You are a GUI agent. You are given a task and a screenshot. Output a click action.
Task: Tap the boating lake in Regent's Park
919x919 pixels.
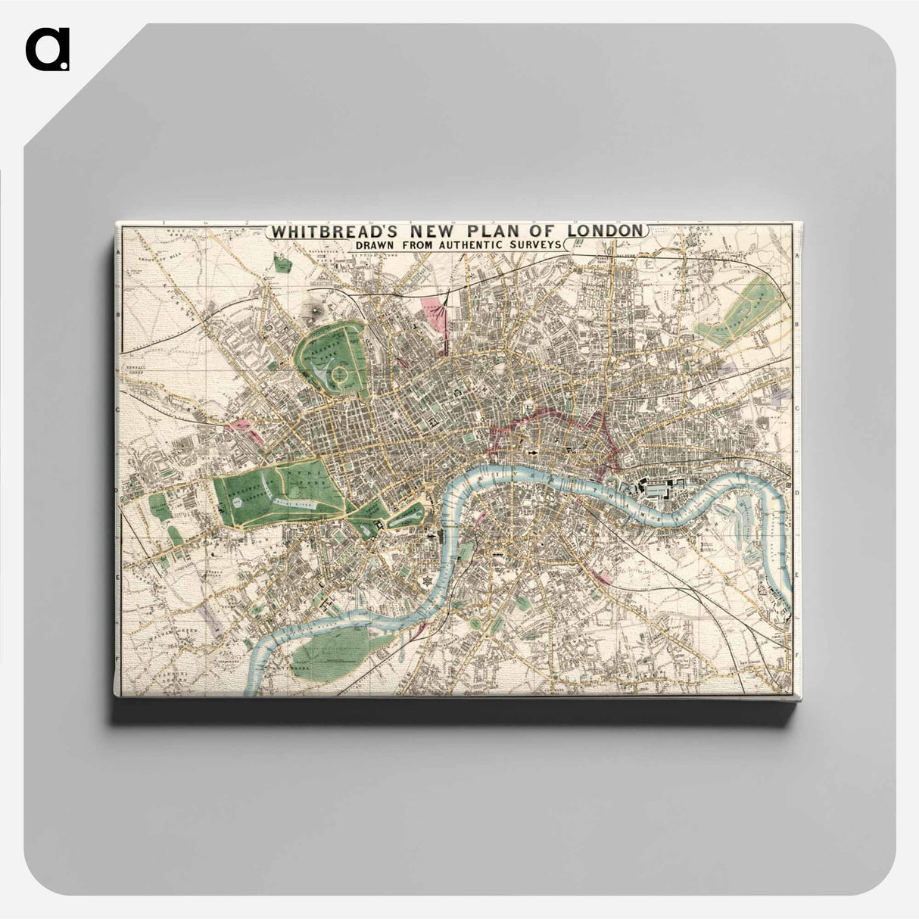coord(321,370)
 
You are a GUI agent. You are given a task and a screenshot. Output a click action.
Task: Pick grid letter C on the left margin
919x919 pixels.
coord(118,410)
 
